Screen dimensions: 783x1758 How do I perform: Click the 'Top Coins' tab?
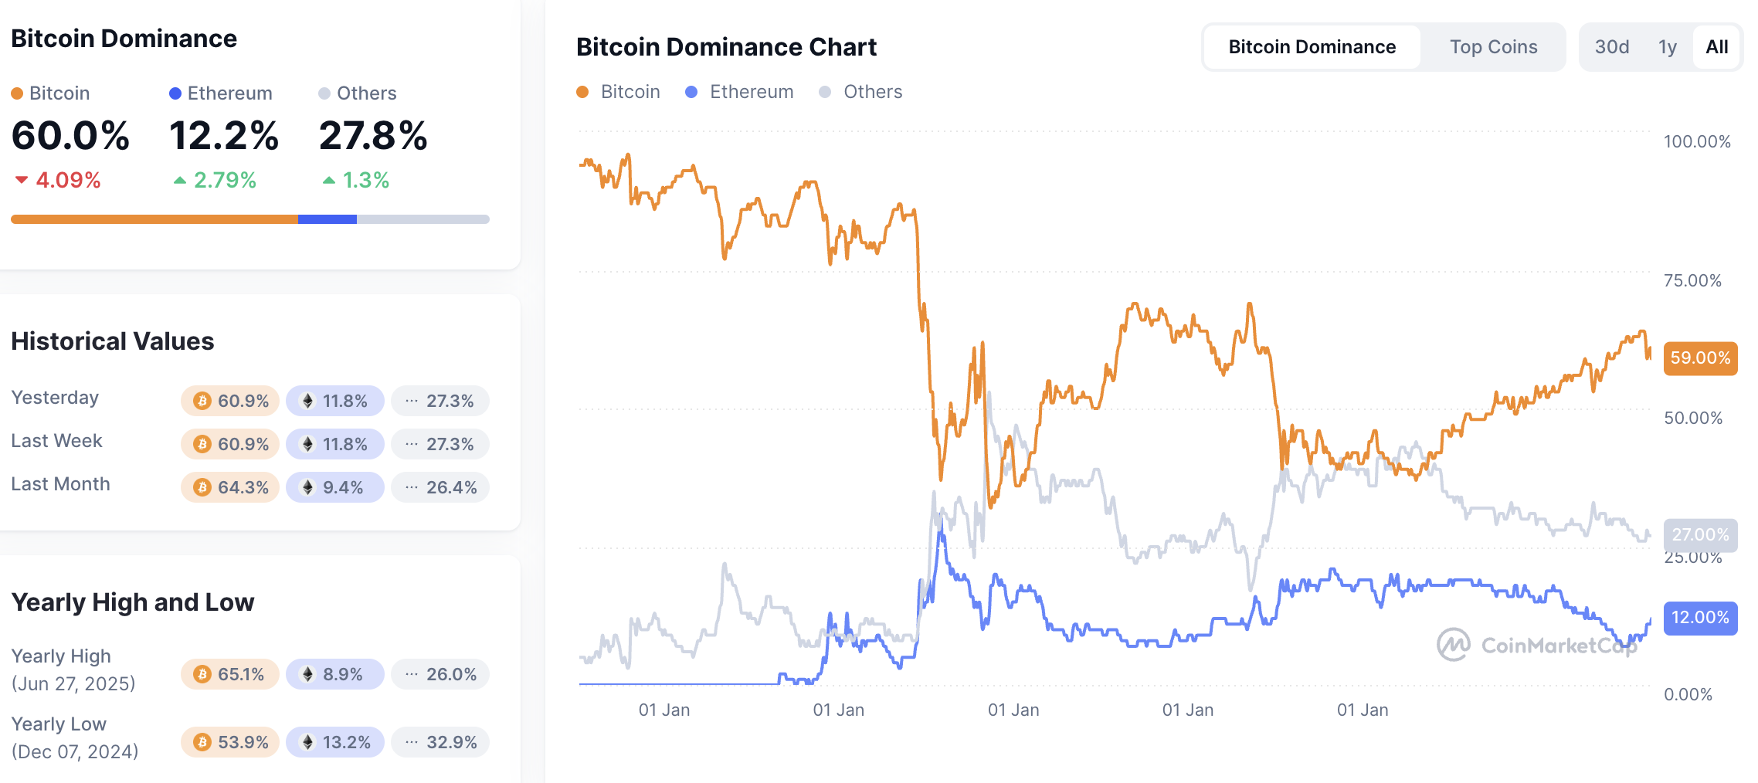tap(1493, 47)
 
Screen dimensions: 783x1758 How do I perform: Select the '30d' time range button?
tap(1612, 47)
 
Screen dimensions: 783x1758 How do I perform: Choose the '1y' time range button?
tap(1667, 47)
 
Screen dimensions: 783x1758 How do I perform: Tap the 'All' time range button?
tap(1716, 47)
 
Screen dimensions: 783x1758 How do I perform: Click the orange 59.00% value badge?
tap(1700, 358)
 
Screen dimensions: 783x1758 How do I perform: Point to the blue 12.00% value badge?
tap(1700, 618)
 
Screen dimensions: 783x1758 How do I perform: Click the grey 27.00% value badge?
tap(1700, 534)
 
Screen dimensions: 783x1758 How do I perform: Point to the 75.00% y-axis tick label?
tap(1692, 280)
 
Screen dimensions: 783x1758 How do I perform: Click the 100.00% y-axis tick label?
tap(1696, 141)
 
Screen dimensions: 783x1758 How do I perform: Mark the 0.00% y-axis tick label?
tap(1688, 694)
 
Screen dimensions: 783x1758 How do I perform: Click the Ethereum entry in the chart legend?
tap(740, 92)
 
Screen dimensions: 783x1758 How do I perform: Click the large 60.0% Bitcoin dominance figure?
tap(70, 136)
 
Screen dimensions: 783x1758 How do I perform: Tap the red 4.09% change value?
tap(67, 181)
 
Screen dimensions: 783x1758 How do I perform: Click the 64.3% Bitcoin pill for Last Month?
tap(230, 487)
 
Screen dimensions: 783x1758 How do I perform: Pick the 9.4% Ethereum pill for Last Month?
tap(334, 487)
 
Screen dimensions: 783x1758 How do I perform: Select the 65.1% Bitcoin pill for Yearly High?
tap(230, 674)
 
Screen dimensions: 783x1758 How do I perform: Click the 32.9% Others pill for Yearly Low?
tap(440, 742)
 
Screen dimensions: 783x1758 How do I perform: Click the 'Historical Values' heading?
tap(113, 341)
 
